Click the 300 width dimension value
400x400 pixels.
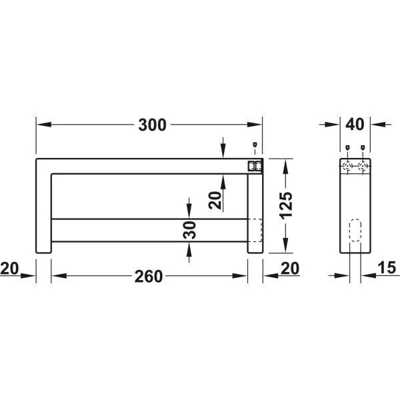coord(152,125)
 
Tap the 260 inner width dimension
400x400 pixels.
coord(149,276)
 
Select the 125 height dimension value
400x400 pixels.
coord(286,205)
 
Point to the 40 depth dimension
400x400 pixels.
coord(355,125)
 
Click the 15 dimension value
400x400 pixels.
coord(387,267)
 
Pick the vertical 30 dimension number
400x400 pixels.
coord(189,230)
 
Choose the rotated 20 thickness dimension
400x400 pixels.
coord(215,201)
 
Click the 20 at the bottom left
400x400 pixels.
coord(9,269)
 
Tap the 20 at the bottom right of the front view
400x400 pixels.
coord(290,269)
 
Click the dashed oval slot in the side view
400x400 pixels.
coord(355,230)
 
